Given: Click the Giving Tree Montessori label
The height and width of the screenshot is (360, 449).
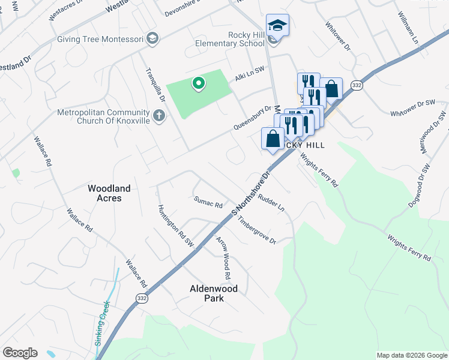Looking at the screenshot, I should pos(100,39).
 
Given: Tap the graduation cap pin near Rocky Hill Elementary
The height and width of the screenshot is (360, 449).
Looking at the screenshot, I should pos(277,26).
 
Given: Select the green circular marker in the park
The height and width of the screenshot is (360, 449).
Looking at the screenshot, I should pos(197,83).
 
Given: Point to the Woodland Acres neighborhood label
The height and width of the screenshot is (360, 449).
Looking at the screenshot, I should pos(109,193).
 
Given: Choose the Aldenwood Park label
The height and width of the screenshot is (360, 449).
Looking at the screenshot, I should pos(214,293).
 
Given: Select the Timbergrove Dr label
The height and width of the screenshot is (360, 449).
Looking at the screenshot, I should pos(256,231).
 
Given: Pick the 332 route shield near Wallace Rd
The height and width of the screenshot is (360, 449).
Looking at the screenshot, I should pos(141,298).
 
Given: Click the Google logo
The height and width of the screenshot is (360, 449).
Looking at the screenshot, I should pos(20,353).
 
